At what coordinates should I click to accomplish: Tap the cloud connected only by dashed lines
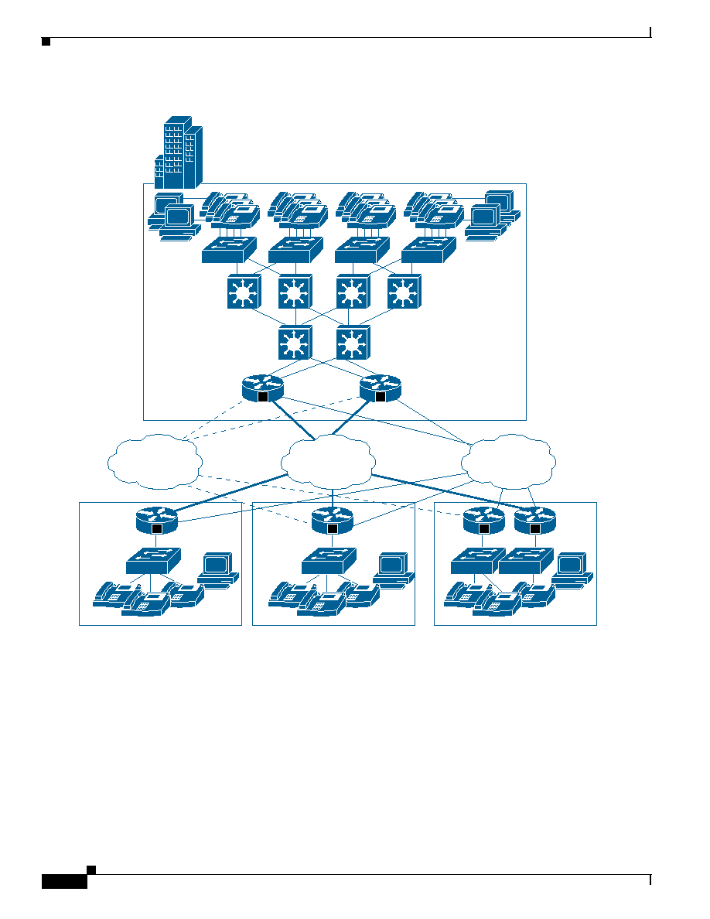[155, 462]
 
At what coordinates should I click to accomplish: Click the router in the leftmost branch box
[157, 520]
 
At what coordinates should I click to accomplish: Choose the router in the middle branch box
[333, 520]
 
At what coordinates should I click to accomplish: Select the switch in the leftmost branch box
[153, 560]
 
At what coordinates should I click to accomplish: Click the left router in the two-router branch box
[484, 520]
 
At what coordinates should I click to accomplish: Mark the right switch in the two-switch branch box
[526, 560]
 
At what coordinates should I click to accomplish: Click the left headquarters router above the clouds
[262, 388]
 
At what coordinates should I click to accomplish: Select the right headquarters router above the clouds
[380, 388]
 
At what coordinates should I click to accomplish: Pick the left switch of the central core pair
[295, 342]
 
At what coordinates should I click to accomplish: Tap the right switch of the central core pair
[353, 342]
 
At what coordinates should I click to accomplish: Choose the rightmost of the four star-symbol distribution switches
[404, 292]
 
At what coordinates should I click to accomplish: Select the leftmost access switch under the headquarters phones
[229, 250]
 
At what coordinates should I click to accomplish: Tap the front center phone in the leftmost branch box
[145, 603]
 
